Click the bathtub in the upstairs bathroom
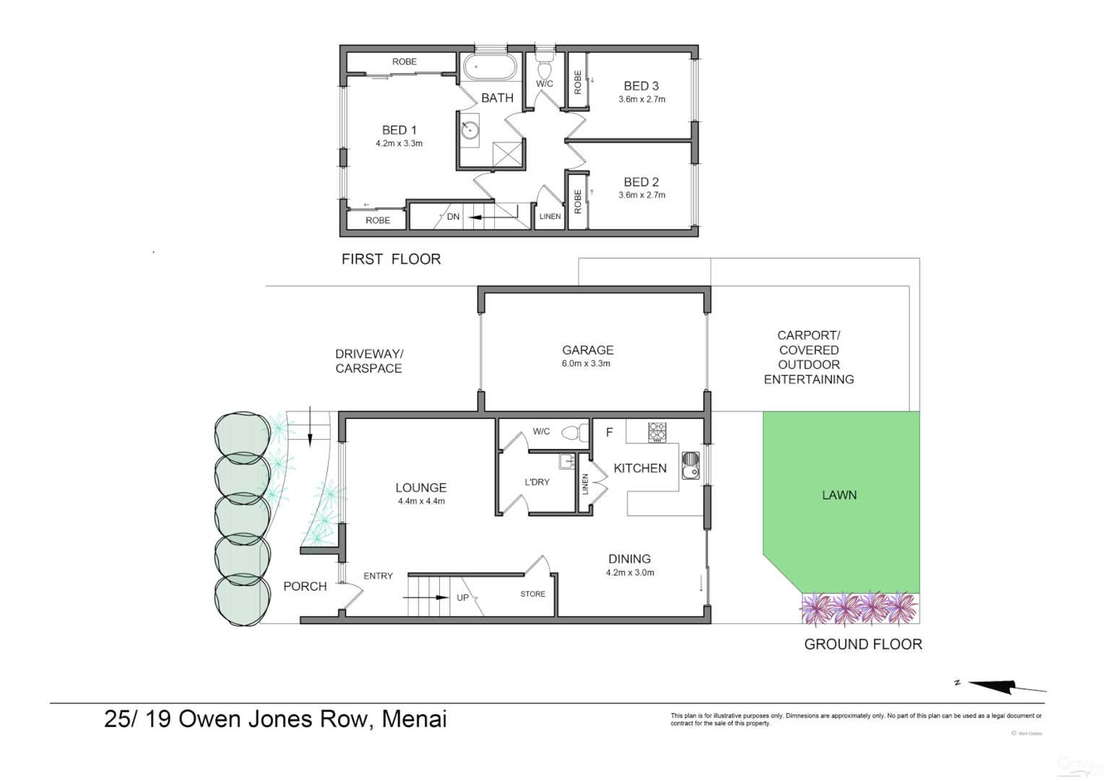coord(490,68)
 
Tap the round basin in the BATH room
coord(470,130)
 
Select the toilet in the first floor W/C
coord(545,68)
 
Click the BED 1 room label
coord(399,130)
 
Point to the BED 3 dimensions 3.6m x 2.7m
coord(642,100)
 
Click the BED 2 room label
coord(641,182)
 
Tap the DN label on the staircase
coord(453,217)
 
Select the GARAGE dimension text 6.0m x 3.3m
coord(586,364)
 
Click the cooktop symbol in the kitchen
coord(657,432)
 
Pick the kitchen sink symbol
coord(690,464)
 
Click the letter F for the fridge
coord(609,432)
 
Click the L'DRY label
coord(537,482)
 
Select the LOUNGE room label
coord(421,488)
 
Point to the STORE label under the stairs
coord(532,594)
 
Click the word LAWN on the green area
coord(839,495)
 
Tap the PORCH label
coord(305,586)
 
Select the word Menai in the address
coord(414,719)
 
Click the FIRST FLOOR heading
coord(391,259)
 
